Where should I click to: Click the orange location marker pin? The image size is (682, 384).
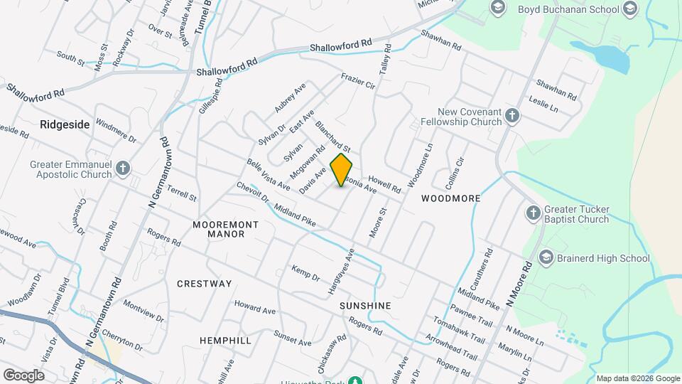coord(341,170)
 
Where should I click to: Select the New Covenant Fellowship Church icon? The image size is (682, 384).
coord(514,117)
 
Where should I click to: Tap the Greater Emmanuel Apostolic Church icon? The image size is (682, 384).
coord(123,169)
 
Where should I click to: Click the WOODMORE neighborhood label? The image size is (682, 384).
coord(450,199)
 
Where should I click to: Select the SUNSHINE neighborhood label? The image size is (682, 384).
coord(365,306)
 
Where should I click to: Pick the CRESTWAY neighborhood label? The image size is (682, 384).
coord(204,284)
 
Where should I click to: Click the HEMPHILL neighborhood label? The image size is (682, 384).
coord(225,341)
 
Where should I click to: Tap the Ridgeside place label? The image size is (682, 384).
coord(65,124)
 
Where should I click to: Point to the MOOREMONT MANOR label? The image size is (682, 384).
coord(226,229)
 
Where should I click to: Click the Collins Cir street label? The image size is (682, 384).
coord(455,171)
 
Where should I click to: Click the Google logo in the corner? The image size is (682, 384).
coord(23,375)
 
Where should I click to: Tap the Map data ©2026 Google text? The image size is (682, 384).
coord(637,378)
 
